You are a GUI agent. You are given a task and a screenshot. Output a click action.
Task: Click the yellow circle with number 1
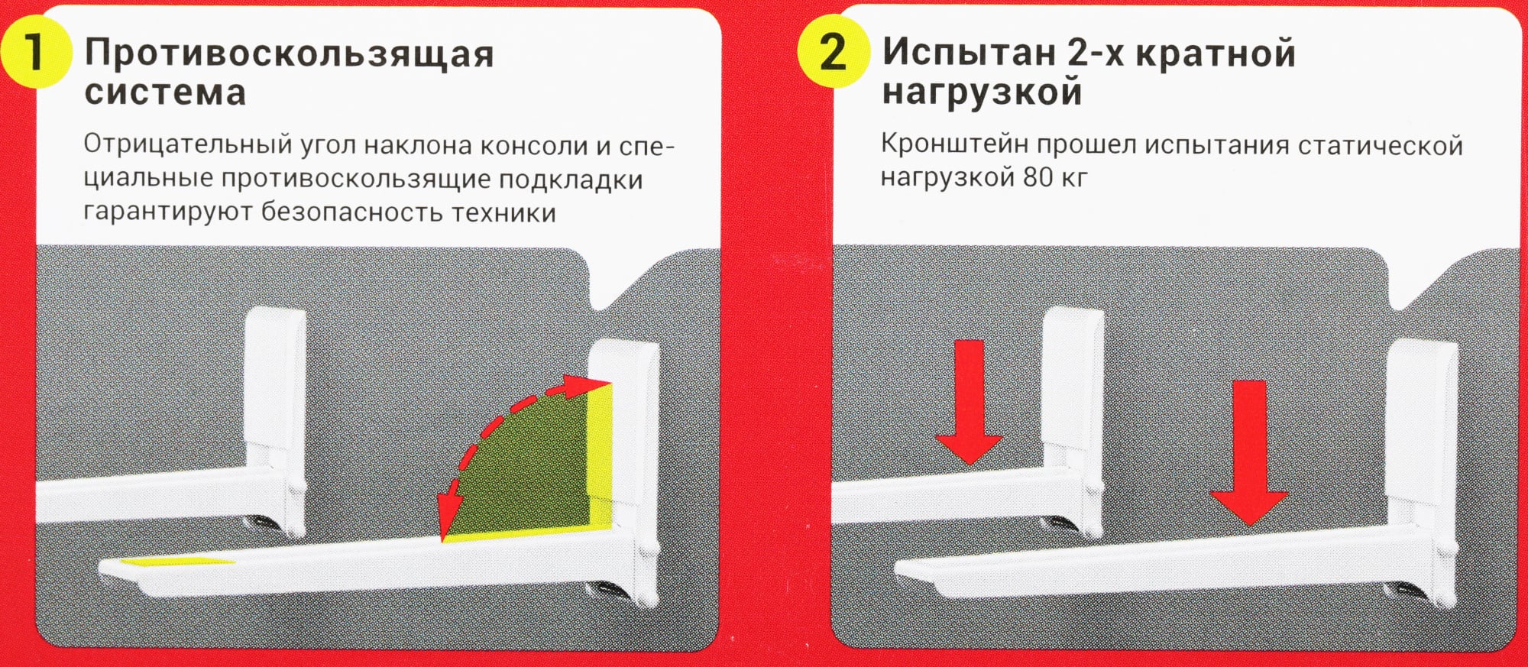point(35,52)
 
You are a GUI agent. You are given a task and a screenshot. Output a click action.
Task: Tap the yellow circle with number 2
point(834,52)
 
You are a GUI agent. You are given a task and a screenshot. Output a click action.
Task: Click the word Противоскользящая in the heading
point(290,54)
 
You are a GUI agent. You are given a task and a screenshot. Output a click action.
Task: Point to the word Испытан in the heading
point(969,53)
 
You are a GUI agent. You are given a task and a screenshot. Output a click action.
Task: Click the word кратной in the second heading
point(1216,53)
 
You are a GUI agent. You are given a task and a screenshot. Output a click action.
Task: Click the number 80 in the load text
point(1038,177)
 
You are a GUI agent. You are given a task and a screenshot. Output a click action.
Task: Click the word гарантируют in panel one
point(168,212)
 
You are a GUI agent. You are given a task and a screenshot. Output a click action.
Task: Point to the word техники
point(503,212)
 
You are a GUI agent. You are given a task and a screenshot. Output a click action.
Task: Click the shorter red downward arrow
point(969,402)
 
